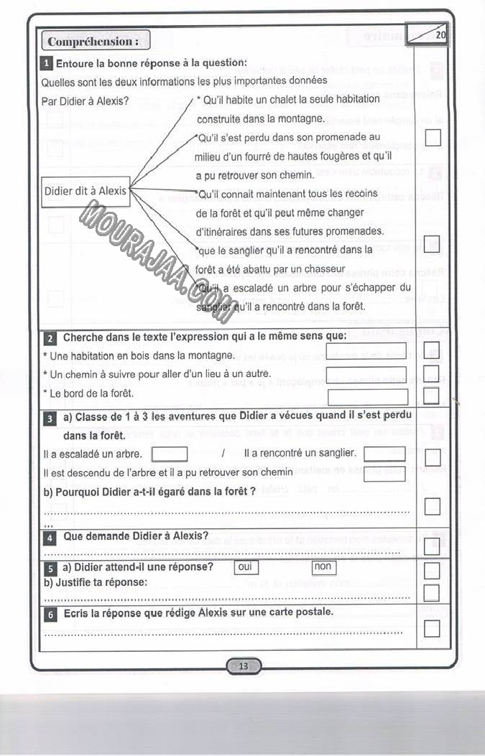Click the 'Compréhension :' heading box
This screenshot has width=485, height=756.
(96, 41)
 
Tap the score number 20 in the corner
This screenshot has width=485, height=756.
(440, 34)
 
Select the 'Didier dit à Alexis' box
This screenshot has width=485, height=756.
(86, 191)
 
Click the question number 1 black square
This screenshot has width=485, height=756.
(47, 63)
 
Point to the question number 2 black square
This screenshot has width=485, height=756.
(50, 338)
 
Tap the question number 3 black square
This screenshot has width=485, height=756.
(50, 419)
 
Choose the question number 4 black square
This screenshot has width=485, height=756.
(50, 537)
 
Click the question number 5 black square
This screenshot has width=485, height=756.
(50, 568)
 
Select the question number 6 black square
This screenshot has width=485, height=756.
(50, 615)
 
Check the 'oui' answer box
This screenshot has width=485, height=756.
(246, 567)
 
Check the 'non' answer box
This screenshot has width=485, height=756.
(324, 567)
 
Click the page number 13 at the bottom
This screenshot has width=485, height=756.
(244, 666)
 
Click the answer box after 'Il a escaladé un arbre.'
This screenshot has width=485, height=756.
(170, 454)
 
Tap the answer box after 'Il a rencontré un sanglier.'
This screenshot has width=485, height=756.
(384, 454)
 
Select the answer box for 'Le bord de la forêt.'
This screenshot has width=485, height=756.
(367, 396)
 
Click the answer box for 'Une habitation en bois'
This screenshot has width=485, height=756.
(366, 350)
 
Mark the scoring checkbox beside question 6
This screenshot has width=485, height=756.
(432, 629)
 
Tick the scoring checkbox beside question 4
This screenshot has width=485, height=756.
(432, 546)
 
